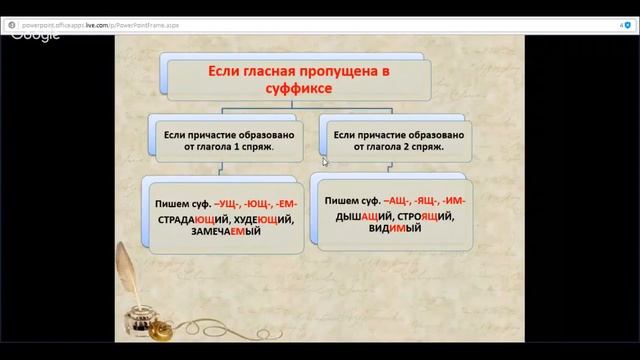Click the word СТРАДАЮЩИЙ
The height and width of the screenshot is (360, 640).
(186, 218)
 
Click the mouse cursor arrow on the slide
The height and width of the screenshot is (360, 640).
(324, 160)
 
